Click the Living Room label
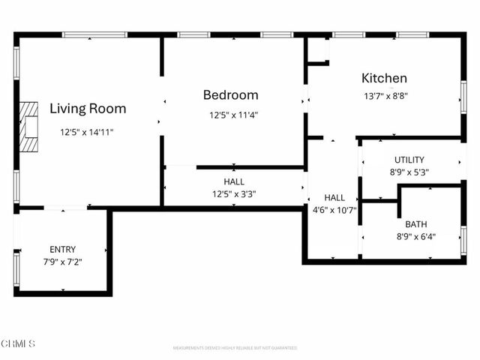tap(88, 109)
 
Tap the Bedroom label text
tap(231, 95)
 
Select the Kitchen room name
tap(385, 78)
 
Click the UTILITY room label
tap(409, 160)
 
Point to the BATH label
tap(415, 224)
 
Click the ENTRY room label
tap(62, 250)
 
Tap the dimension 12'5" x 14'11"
tap(87, 132)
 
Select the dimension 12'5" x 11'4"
tap(234, 115)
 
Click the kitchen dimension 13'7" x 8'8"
tap(385, 95)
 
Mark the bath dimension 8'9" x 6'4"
tap(415, 236)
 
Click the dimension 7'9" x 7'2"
tap(62, 262)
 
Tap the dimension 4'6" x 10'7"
tap(334, 210)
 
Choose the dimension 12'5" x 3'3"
tap(233, 194)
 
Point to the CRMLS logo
tap(18, 343)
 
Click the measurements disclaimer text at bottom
tap(235, 348)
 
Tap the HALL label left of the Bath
tap(334, 198)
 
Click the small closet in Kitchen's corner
tap(318, 49)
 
